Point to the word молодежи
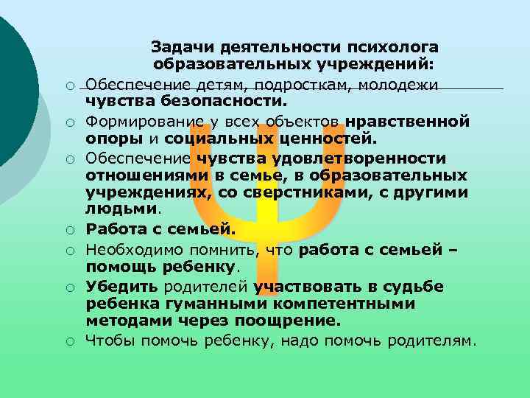(x=398, y=84)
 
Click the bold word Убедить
(x=116, y=285)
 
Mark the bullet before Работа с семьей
(x=67, y=231)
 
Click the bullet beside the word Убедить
(x=67, y=287)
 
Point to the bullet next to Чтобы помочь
(x=67, y=341)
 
